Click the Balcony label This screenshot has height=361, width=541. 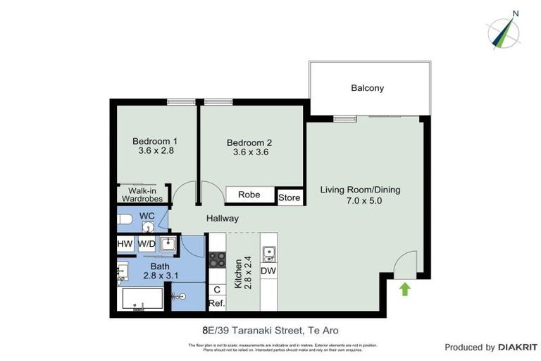point(368,88)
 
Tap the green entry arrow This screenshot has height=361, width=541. point(405,288)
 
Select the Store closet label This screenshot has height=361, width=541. point(289,197)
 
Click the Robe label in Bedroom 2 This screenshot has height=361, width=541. point(249,195)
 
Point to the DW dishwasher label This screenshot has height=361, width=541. point(268,271)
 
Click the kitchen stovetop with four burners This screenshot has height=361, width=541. point(217,259)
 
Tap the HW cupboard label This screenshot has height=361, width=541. point(125,244)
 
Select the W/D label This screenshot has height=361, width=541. point(147,244)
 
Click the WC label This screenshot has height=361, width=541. point(147,216)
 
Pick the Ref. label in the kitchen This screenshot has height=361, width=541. point(216,304)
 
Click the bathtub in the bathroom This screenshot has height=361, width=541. point(143,300)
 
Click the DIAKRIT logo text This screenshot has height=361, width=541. point(518,347)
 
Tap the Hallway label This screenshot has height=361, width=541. point(222,219)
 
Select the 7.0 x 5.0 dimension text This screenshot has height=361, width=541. point(360,201)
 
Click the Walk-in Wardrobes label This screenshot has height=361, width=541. point(142,195)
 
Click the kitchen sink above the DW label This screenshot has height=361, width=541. point(268,252)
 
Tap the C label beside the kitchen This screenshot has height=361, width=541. point(216,288)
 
